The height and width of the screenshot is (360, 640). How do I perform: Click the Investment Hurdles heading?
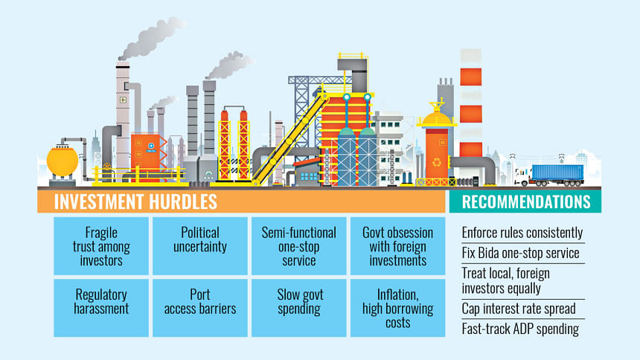[x=135, y=202]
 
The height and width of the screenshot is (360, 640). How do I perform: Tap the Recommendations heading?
[x=526, y=202]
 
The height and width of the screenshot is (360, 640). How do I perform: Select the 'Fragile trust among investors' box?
[x=101, y=245]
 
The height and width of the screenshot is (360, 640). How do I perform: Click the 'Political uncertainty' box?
[x=200, y=245]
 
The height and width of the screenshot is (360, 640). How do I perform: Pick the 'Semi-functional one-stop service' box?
[x=298, y=245]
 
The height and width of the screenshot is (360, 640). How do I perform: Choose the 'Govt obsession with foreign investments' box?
[x=397, y=245]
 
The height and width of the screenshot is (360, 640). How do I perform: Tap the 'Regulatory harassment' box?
[x=101, y=308]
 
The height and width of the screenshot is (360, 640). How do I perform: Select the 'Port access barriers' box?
[x=200, y=308]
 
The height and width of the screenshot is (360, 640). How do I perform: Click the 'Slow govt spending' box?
[x=298, y=308]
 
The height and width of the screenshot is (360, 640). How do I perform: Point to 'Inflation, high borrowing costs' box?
[x=397, y=308]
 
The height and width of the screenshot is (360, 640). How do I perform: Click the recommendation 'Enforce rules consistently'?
[x=522, y=233]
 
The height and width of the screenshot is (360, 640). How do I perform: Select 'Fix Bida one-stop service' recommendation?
[x=520, y=253]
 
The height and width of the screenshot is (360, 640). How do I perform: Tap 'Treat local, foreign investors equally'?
[x=506, y=280]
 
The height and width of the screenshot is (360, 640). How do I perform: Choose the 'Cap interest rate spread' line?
[x=519, y=309]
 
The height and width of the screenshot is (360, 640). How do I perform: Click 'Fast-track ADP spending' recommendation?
[x=520, y=329]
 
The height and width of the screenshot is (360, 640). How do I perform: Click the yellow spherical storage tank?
[x=62, y=161]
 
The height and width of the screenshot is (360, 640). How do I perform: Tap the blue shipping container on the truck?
[x=557, y=173]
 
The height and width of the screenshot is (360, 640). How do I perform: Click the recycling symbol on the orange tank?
[x=437, y=162]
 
